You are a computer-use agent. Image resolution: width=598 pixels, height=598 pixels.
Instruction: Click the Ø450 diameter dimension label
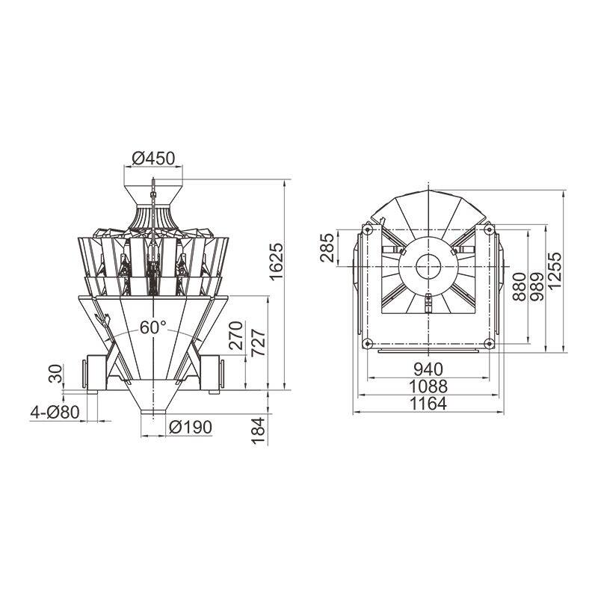click(153, 158)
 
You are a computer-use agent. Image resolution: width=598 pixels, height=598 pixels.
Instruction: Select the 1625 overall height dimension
click(277, 261)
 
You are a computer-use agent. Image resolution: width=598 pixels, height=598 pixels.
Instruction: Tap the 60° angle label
click(153, 327)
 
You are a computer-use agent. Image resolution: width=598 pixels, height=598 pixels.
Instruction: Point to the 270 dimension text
click(236, 336)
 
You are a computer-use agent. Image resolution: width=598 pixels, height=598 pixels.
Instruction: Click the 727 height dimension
click(259, 342)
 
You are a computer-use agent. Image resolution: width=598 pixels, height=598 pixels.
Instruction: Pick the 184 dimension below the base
click(258, 431)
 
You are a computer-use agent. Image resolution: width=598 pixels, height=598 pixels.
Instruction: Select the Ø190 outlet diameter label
click(191, 427)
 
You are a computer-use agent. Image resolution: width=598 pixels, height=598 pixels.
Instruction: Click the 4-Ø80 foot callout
click(55, 413)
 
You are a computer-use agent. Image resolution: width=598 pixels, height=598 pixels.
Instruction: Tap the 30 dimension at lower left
click(55, 374)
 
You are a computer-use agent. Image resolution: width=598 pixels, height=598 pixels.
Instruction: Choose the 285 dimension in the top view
click(327, 248)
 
